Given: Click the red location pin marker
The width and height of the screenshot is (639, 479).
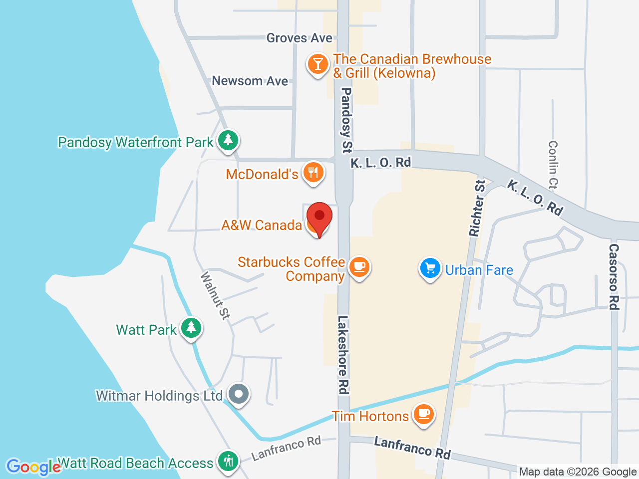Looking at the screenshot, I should point(319,218).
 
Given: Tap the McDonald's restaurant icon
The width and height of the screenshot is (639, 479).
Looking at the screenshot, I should point(313,173).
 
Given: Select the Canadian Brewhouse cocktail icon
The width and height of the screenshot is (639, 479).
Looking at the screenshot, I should point(318,64).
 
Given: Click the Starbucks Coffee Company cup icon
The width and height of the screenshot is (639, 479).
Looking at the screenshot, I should point(358,266).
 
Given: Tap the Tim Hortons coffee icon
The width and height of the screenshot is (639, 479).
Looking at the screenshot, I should point(424,414).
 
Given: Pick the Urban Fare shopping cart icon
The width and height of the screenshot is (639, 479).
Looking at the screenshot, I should point(430,268).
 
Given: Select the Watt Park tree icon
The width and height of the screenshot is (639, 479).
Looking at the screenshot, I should point(191,328).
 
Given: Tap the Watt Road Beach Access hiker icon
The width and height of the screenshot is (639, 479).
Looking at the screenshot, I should point(228,461).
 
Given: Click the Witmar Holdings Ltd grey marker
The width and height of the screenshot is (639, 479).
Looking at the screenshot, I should point(239,394).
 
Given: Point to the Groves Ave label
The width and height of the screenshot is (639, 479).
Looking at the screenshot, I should point(299,38).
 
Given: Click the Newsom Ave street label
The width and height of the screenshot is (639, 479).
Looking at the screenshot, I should point(250,81).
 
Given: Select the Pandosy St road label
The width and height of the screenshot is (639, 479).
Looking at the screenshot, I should point(346,120).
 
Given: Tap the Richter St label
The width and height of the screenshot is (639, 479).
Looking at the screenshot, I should point(477,208).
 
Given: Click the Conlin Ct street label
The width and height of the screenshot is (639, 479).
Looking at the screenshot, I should point(553,165).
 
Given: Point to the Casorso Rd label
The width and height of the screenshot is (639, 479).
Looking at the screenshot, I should point(614,276).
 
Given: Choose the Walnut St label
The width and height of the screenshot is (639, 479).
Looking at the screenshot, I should point(216,295).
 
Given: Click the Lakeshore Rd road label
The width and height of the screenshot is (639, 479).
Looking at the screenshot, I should point(343,354).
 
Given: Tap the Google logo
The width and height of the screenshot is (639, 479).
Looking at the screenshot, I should point(33,467).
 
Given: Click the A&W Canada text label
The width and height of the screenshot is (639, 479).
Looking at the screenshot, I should point(262,225).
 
